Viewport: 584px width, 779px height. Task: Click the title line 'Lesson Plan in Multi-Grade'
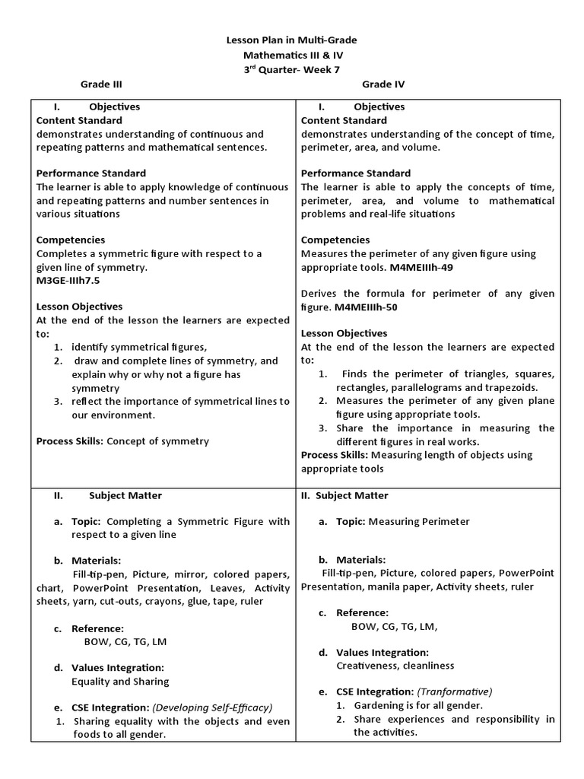(292, 40)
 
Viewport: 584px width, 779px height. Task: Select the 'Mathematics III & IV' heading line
(292, 55)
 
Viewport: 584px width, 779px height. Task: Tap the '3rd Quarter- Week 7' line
(292, 70)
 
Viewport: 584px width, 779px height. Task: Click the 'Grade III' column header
(102, 84)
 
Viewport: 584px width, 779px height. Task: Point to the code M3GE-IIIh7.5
(68, 280)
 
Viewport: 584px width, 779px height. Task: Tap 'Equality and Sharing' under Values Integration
(120, 681)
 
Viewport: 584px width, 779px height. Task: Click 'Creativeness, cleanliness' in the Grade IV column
(395, 666)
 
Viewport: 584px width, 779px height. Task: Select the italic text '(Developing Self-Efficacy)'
(212, 707)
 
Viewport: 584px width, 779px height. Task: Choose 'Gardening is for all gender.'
(418, 705)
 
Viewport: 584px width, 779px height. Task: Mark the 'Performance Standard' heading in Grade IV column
(356, 173)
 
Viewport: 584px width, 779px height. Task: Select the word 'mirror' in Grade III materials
(195, 574)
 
